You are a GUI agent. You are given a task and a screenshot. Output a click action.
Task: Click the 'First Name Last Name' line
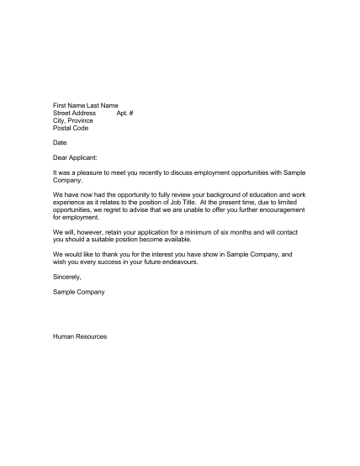click(85, 104)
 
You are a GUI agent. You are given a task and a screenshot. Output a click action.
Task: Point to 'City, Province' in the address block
click(73, 120)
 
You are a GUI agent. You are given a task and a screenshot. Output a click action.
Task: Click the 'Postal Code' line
click(71, 128)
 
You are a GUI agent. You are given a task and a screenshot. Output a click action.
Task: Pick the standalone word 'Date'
click(60, 142)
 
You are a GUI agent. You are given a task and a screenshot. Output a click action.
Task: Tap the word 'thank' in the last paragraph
click(107, 253)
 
